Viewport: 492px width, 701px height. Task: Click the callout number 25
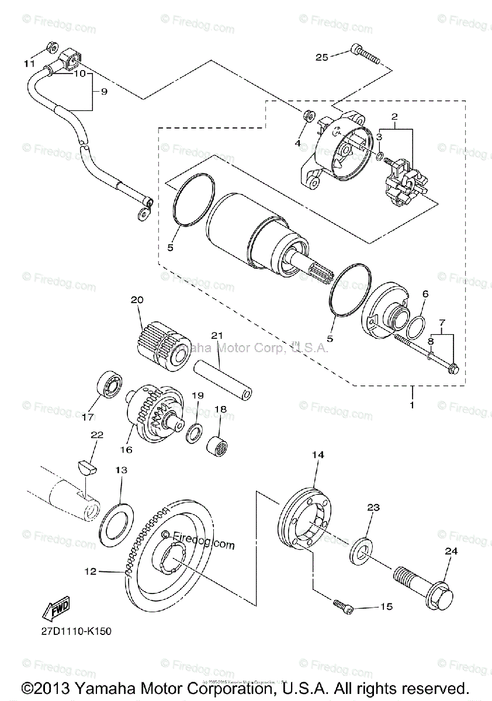coord(322,57)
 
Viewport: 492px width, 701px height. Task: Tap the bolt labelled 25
coord(365,55)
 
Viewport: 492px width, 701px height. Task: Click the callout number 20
coord(137,300)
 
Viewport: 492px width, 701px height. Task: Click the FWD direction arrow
coord(56,609)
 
